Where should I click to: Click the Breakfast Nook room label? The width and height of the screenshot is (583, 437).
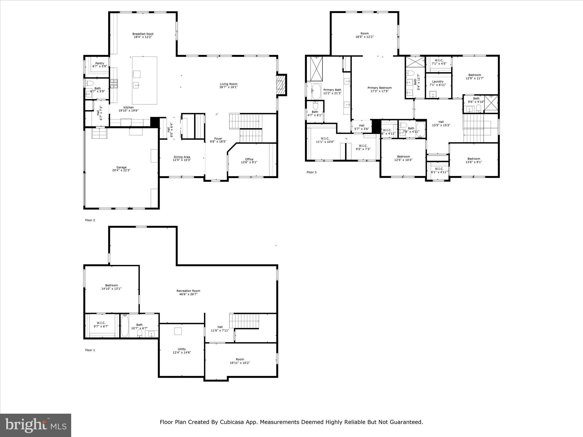click(x=143, y=34)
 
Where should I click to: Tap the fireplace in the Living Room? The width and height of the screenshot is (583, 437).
click(x=281, y=84)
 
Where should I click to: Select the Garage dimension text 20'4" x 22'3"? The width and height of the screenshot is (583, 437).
click(x=121, y=170)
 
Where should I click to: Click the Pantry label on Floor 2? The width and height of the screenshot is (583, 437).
click(x=100, y=63)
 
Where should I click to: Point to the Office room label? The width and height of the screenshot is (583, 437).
click(x=249, y=159)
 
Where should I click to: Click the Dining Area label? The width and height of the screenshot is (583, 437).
click(x=182, y=157)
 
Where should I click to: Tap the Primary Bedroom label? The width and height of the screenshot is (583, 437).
click(x=379, y=88)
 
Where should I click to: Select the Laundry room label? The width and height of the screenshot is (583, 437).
click(x=438, y=82)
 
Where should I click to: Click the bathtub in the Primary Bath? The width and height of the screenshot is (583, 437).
click(x=316, y=91)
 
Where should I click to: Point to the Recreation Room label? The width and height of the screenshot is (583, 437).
click(x=188, y=291)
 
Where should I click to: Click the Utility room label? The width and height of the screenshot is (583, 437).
click(x=182, y=349)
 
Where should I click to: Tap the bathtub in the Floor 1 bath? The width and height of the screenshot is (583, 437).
click(x=125, y=326)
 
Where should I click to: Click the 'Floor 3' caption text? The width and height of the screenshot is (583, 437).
click(x=311, y=172)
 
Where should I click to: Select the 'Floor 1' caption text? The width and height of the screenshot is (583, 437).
click(x=90, y=350)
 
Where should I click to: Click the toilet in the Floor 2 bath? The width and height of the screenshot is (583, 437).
click(x=89, y=83)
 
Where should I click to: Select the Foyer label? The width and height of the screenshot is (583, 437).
click(x=218, y=139)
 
